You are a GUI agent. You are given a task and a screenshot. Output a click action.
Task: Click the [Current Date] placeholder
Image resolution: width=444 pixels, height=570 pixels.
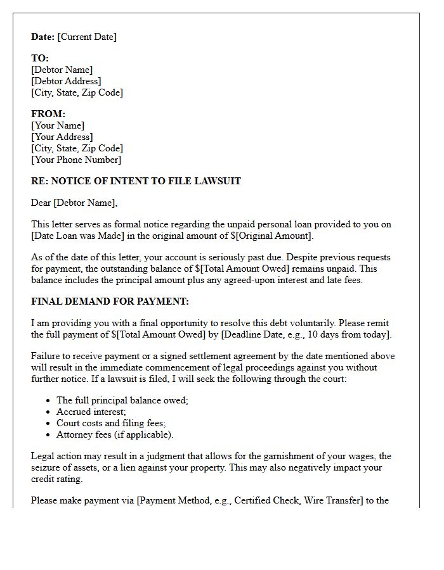(87, 37)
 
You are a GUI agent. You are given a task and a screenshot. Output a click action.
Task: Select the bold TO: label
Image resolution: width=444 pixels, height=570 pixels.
(40, 58)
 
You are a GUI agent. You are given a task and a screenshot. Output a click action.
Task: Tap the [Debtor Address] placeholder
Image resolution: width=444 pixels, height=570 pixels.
(66, 81)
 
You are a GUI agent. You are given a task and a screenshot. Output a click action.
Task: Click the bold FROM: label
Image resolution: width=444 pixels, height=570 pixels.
(48, 114)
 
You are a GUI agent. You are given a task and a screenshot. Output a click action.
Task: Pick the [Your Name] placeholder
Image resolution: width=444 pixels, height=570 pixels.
(58, 125)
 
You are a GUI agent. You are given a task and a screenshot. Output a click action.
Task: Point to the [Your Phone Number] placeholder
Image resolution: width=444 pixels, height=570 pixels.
(76, 160)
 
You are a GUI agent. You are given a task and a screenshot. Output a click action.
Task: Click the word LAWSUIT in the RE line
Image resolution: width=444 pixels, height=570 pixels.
(220, 181)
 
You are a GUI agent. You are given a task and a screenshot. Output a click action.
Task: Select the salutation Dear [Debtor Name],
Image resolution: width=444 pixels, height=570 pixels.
(74, 203)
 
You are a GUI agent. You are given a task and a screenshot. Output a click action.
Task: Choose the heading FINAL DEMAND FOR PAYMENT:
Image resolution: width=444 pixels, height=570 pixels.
(110, 301)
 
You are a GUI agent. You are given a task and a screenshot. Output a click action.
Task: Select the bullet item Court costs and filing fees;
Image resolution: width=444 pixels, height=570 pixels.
(111, 423)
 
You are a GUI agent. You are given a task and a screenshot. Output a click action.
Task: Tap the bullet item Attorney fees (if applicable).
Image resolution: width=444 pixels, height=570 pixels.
(115, 434)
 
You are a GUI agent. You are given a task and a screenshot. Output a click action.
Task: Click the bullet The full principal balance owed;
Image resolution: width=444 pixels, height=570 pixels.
(122, 400)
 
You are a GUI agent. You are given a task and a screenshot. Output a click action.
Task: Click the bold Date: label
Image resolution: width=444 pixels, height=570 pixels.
(43, 37)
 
